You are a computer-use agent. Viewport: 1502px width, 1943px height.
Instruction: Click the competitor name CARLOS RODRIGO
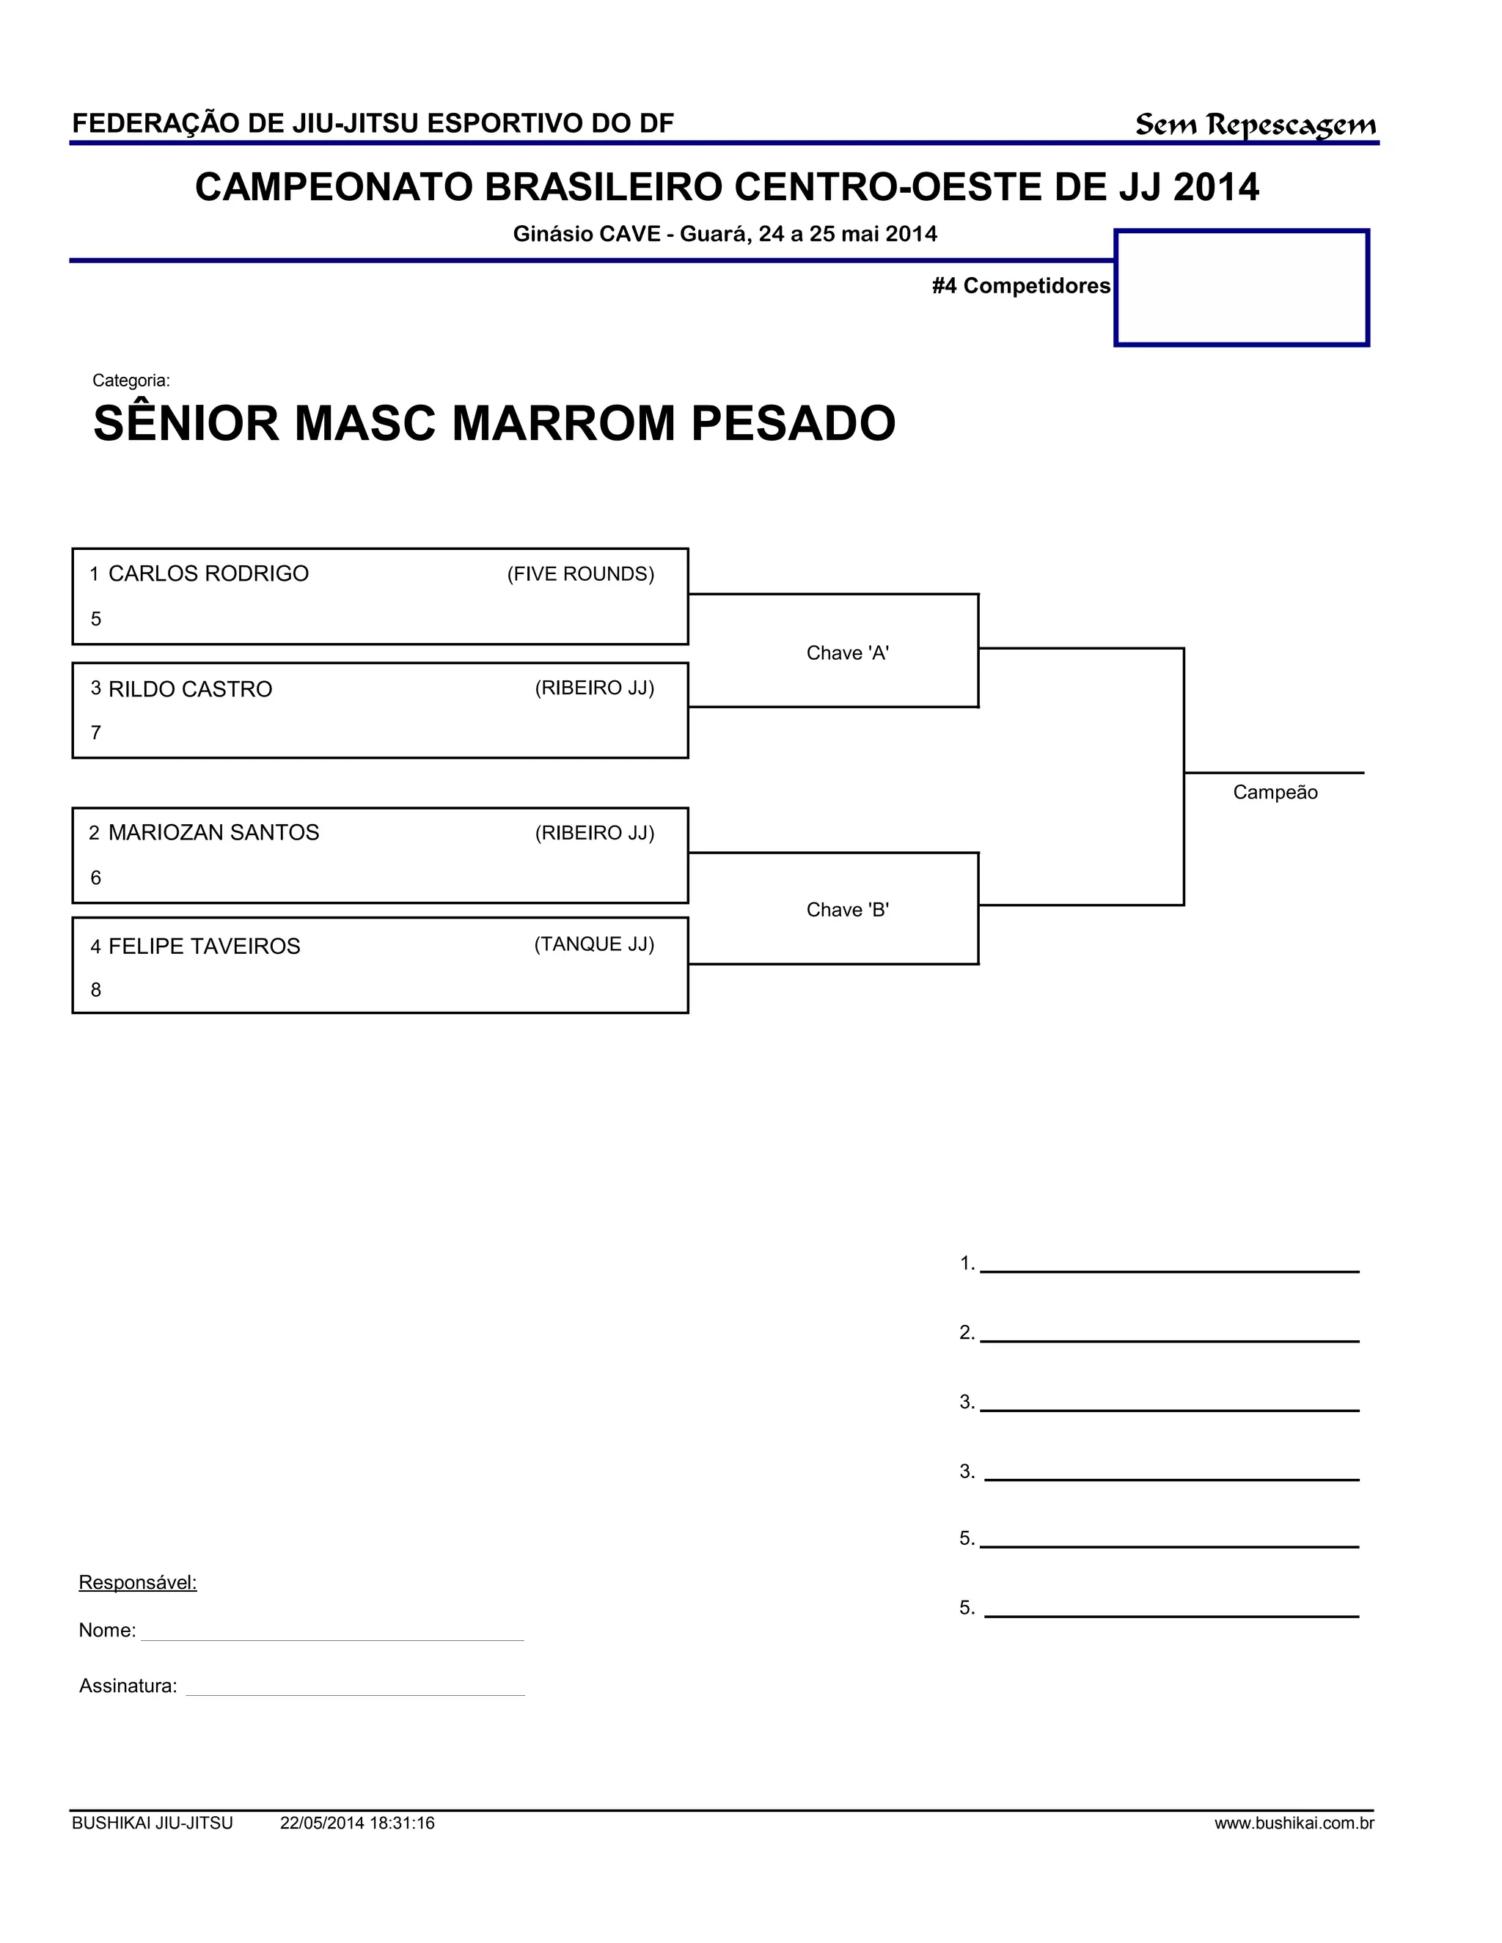pyautogui.click(x=208, y=574)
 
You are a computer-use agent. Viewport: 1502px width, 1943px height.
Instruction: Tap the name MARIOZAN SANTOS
pyautogui.click(x=213, y=833)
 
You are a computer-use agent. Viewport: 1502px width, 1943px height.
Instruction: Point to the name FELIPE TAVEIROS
pyautogui.click(x=204, y=947)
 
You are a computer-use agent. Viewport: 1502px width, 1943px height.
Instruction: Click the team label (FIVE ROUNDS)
pyautogui.click(x=580, y=575)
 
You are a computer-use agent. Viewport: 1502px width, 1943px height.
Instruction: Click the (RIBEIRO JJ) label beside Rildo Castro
pyautogui.click(x=594, y=688)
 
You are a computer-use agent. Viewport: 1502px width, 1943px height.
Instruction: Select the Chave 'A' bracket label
pyautogui.click(x=847, y=653)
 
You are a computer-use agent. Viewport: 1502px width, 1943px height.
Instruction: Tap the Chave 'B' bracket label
pyautogui.click(x=847, y=910)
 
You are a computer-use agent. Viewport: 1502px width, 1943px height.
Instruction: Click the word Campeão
pyautogui.click(x=1274, y=793)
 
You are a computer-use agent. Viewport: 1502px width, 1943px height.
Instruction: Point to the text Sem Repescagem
pyautogui.click(x=1255, y=125)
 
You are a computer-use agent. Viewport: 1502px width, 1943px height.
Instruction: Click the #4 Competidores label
pyautogui.click(x=1021, y=285)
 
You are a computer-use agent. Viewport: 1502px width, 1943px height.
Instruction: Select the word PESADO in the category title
pyautogui.click(x=793, y=424)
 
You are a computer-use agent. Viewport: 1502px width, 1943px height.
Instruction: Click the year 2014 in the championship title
pyautogui.click(x=1215, y=188)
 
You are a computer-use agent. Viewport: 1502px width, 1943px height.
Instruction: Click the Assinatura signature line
pyautogui.click(x=354, y=1694)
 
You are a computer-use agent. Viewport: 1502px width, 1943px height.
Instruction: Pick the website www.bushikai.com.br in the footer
pyautogui.click(x=1294, y=1823)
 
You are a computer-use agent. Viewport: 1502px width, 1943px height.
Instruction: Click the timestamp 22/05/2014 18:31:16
pyautogui.click(x=357, y=1823)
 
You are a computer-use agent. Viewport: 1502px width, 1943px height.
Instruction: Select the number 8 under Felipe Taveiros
pyautogui.click(x=96, y=990)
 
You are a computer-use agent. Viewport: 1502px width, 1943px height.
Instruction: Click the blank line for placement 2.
pyautogui.click(x=1169, y=1339)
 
